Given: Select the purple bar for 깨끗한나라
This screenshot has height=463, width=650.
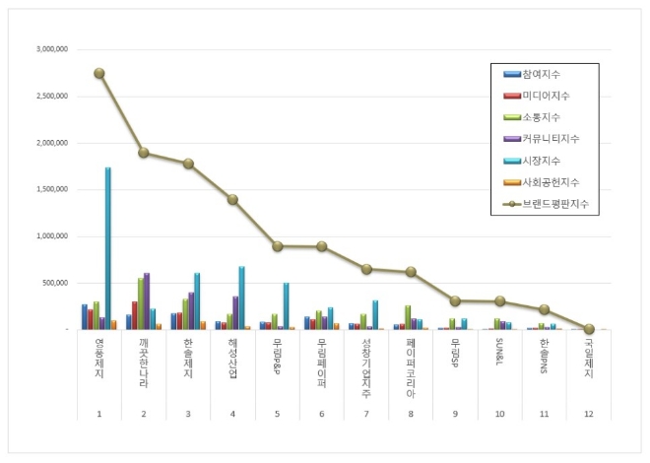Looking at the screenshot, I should (x=147, y=301).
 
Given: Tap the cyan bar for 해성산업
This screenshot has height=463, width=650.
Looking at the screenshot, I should (x=241, y=298).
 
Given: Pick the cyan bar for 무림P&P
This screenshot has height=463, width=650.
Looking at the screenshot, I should (x=286, y=306).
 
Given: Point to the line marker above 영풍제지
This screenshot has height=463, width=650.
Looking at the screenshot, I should (x=99, y=73).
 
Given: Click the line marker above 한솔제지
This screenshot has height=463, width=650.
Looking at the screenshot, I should (x=188, y=164).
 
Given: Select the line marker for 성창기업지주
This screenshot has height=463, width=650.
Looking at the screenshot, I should (x=366, y=269).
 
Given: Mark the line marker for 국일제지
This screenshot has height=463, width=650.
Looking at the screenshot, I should (x=589, y=329).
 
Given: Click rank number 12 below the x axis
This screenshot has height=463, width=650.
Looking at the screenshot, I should (x=589, y=414).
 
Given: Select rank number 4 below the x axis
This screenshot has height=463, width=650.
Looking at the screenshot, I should (x=232, y=414).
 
